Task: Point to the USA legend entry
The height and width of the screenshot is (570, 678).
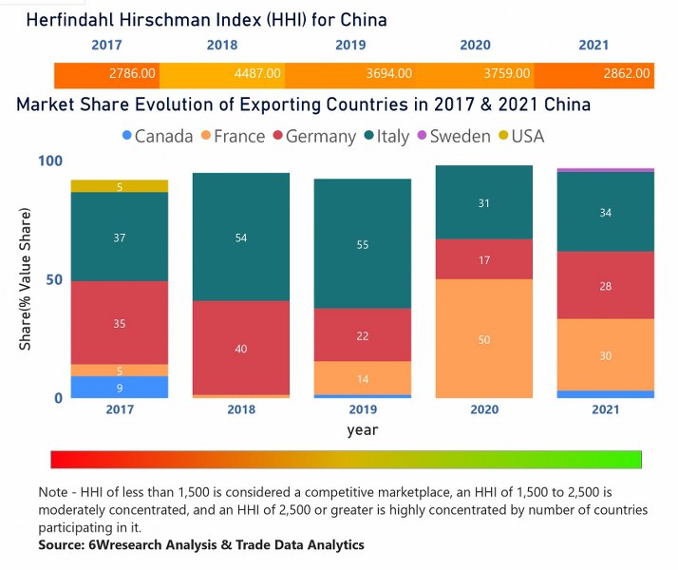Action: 519,136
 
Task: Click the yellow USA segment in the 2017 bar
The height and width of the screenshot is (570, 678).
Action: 120,186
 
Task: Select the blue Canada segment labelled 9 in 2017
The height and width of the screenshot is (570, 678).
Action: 120,387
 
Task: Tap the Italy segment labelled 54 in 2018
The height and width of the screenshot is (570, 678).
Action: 241,237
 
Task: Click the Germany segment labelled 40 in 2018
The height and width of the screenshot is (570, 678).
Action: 241,348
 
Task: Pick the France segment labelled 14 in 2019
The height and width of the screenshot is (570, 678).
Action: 363,377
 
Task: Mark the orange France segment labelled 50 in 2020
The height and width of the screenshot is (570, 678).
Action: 484,338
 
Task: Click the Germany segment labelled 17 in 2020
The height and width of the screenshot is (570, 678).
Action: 484,258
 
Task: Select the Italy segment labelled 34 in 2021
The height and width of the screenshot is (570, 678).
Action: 606,212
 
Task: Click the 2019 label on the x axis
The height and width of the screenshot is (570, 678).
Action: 363,409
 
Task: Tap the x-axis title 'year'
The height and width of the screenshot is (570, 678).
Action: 363,430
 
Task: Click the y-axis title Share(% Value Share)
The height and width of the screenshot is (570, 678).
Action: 26,279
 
